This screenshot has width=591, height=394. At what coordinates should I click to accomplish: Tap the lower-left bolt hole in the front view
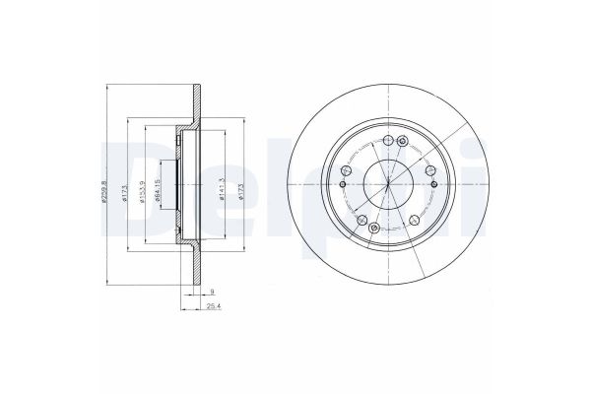point(361,219)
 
